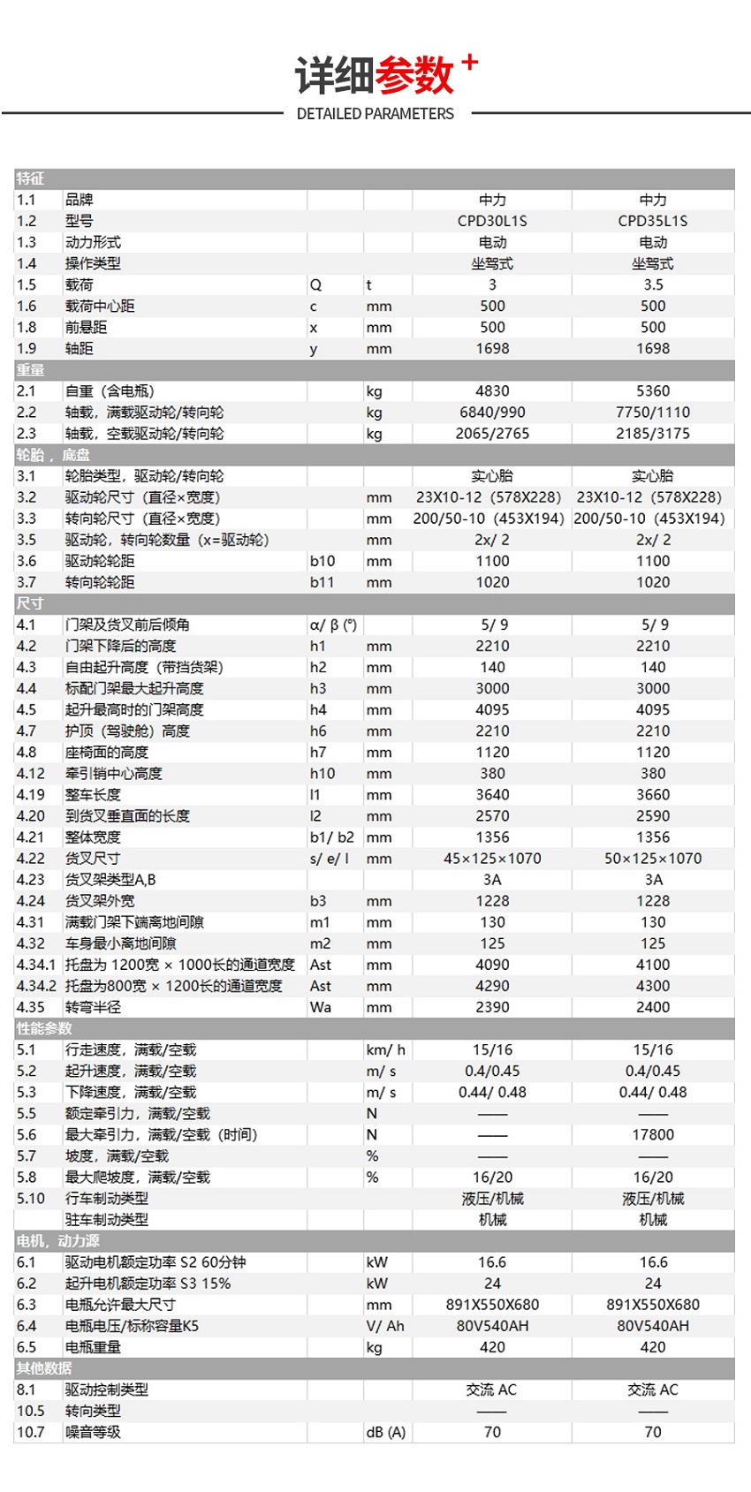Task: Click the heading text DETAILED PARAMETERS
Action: [375, 114]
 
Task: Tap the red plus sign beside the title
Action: [469, 62]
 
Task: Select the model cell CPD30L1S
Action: [492, 221]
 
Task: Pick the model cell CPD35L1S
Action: [652, 221]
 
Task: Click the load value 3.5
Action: [653, 284]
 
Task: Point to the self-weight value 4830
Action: [492, 390]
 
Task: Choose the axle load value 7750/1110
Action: [653, 412]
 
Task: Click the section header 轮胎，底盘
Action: [53, 455]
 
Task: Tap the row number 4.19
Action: [30, 794]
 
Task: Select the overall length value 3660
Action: [653, 794]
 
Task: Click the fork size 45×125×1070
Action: [492, 858]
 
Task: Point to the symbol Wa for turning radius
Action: [321, 1007]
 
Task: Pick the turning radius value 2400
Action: [653, 1007]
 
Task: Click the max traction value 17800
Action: [653, 1134]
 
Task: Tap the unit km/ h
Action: [385, 1049]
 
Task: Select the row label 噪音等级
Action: [93, 1432]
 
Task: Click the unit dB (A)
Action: [385, 1432]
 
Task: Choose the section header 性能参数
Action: [44, 1028]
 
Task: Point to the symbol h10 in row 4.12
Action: [322, 773]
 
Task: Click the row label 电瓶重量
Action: [93, 1347]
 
